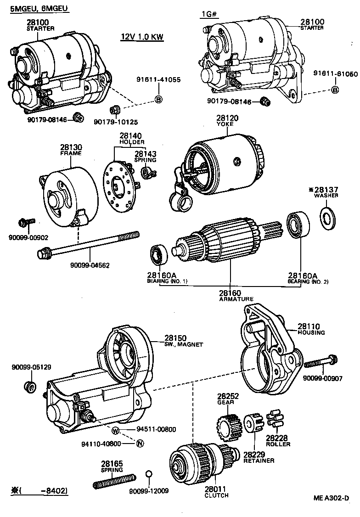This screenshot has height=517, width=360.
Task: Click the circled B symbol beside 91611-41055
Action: coord(159,99)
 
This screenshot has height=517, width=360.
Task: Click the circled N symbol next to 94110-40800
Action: coord(140,443)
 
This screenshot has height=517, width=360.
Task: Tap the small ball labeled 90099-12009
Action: coord(148,474)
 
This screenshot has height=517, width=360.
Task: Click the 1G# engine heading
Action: coord(209,14)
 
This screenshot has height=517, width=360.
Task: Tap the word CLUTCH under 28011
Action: coord(216,495)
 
